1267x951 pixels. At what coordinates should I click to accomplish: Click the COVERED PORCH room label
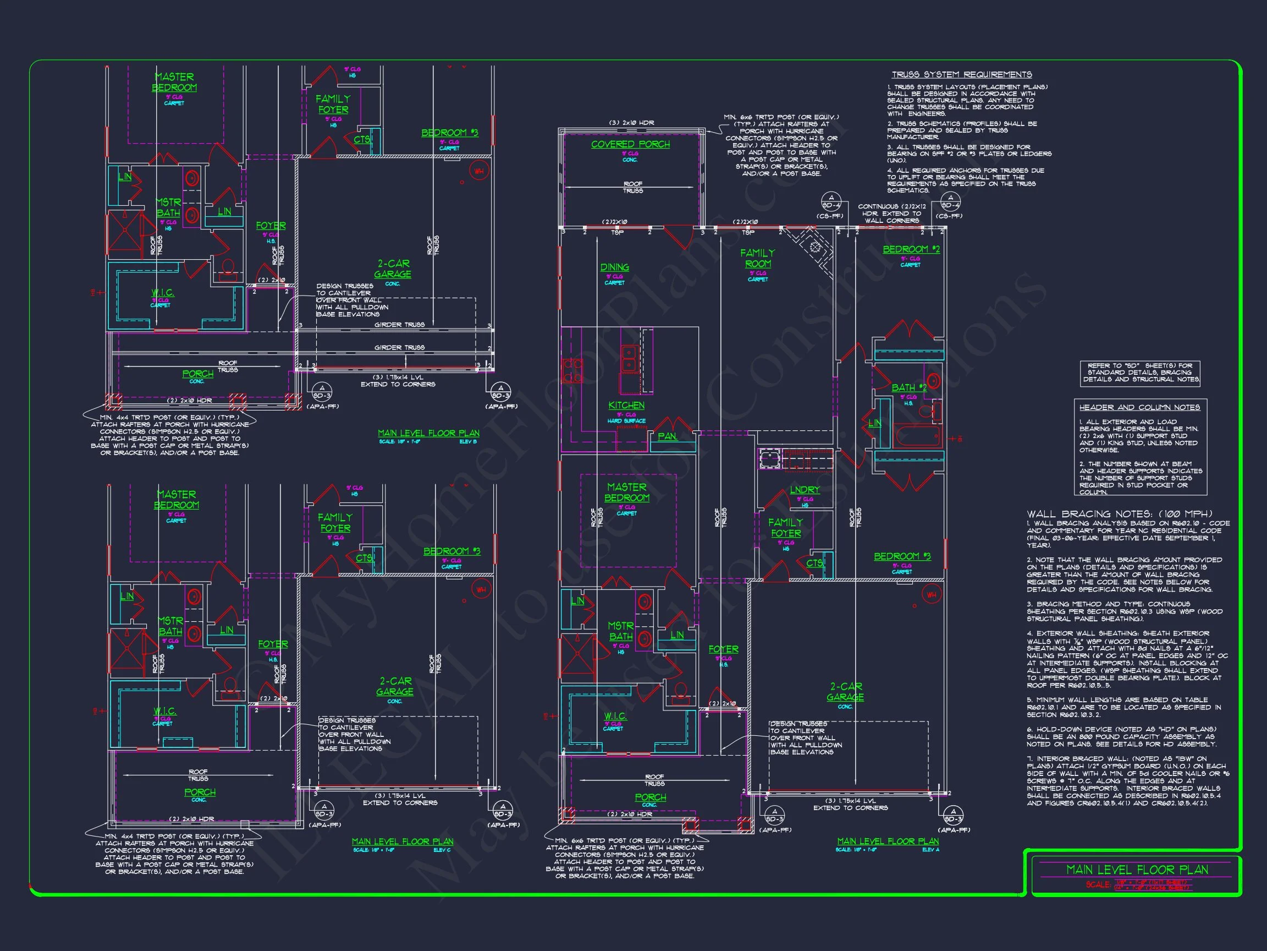[x=630, y=144]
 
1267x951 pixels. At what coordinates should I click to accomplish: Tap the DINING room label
[x=614, y=267]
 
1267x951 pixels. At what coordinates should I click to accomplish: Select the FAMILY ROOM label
[x=757, y=258]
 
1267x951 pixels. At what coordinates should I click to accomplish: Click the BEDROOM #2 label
[x=911, y=249]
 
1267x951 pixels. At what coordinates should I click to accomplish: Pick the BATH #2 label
[x=908, y=388]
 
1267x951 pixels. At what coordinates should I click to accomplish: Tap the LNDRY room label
[x=805, y=490]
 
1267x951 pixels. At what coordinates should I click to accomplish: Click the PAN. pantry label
[x=667, y=436]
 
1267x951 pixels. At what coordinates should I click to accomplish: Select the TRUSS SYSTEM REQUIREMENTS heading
[x=962, y=75]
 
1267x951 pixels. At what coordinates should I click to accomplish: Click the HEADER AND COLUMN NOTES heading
[x=1139, y=408]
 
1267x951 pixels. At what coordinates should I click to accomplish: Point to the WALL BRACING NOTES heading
[x=1119, y=514]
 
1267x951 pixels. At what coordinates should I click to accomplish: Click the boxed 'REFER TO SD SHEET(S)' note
[x=1140, y=373]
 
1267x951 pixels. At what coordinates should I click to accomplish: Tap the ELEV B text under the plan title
[x=468, y=441]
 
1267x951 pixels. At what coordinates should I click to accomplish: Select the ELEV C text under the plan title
[x=442, y=850]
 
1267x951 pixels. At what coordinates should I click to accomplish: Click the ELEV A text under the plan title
[x=930, y=850]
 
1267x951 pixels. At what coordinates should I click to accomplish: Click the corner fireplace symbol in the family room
[x=814, y=248]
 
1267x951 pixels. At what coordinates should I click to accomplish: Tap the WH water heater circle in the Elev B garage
[x=479, y=171]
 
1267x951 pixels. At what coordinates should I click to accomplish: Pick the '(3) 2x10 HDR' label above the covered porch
[x=631, y=123]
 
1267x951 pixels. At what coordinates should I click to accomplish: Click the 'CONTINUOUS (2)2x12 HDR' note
[x=892, y=213]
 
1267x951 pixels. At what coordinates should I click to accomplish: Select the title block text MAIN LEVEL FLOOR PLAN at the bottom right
[x=1137, y=870]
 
